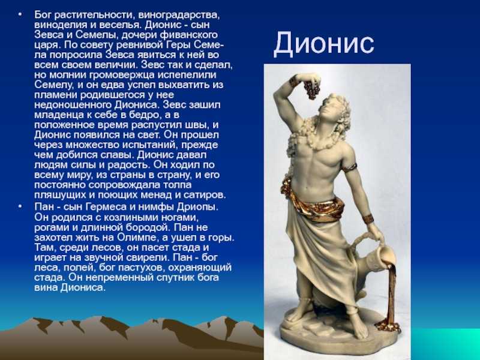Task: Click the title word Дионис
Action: (x=323, y=44)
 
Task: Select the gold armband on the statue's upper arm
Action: (x=350, y=167)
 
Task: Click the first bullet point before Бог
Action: (x=20, y=14)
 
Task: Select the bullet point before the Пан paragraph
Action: (x=20, y=207)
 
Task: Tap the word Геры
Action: (x=179, y=44)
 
